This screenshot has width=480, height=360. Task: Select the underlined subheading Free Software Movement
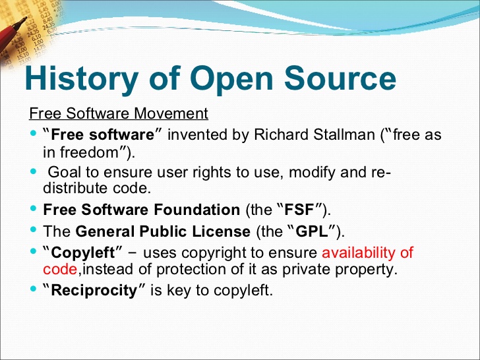coord(119,113)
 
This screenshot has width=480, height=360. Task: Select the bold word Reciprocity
coord(94,291)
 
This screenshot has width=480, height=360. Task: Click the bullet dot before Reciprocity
coord(34,289)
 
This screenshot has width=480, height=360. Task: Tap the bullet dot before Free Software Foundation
coord(34,208)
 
